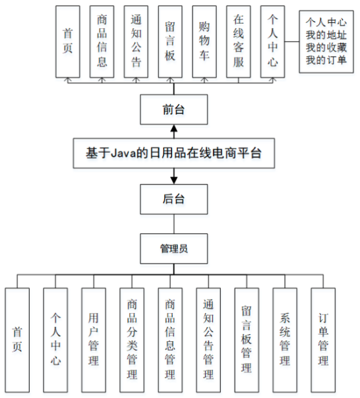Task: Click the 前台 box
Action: click(x=174, y=109)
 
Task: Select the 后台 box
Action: click(x=174, y=199)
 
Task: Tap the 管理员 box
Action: click(x=174, y=249)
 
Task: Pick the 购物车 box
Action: click(x=204, y=42)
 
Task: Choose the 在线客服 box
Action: click(x=239, y=42)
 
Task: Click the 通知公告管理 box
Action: click(x=208, y=340)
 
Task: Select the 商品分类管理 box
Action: click(x=132, y=340)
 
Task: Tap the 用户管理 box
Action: click(x=94, y=340)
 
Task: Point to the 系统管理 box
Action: click(x=285, y=340)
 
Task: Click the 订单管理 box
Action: click(x=323, y=340)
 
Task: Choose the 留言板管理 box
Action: click(x=247, y=340)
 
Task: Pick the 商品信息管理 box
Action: click(x=170, y=340)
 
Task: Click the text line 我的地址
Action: click(x=326, y=35)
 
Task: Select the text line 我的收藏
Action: click(x=326, y=47)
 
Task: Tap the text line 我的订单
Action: click(x=326, y=60)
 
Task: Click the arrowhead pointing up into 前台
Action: click(x=174, y=128)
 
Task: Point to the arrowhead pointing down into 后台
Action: click(x=174, y=181)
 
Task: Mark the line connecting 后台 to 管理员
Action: click(x=174, y=224)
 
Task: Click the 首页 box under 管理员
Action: click(x=17, y=340)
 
